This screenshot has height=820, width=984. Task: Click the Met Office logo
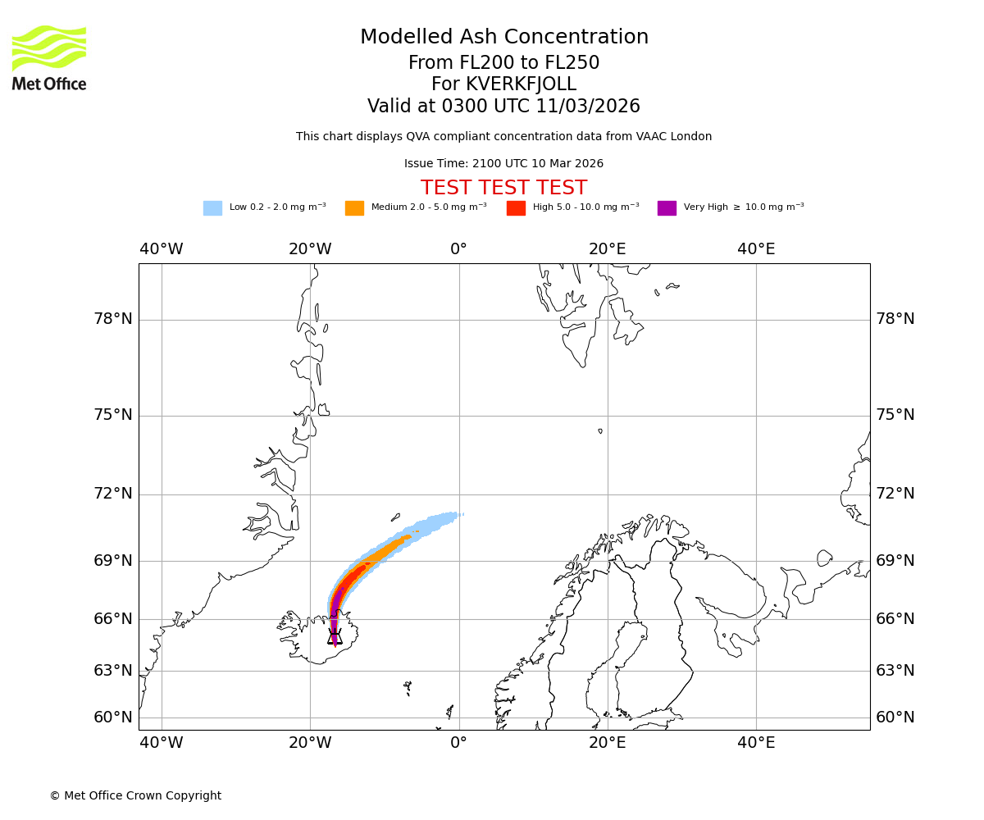(x=49, y=57)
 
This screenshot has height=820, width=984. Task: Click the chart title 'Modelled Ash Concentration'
(x=503, y=38)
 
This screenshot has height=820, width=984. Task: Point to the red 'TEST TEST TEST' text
(x=503, y=189)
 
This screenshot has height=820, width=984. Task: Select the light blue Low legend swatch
(x=212, y=208)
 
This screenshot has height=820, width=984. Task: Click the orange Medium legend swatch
(x=354, y=208)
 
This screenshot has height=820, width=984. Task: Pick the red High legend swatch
(x=516, y=208)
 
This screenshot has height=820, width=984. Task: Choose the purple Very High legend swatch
(x=667, y=208)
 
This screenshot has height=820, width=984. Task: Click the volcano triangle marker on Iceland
(x=335, y=636)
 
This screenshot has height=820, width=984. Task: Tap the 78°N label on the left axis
(x=113, y=319)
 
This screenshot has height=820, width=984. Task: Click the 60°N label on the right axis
(x=895, y=717)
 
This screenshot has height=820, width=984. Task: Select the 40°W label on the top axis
(x=161, y=249)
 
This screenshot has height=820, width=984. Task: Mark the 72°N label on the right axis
(x=895, y=494)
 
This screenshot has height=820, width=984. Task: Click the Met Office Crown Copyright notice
(x=135, y=796)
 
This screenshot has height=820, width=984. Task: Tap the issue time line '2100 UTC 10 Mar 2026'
(x=503, y=164)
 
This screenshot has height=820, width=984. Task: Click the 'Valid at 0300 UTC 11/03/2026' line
(x=503, y=107)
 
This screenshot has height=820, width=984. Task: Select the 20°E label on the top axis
(x=608, y=249)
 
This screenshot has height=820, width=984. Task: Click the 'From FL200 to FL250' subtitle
(x=503, y=63)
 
